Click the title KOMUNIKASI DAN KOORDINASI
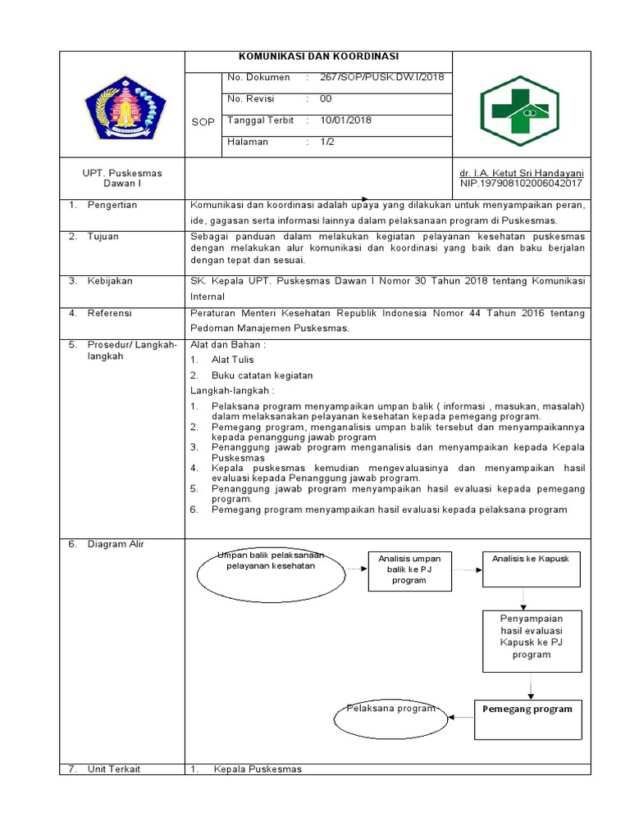[x=318, y=57]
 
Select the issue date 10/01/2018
[x=345, y=120]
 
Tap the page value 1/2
[x=326, y=142]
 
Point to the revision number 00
[x=326, y=99]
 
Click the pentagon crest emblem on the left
[x=126, y=108]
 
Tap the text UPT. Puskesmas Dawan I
[x=122, y=179]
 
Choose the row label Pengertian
[x=112, y=205]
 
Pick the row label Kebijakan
[x=110, y=281]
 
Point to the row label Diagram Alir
[x=116, y=544]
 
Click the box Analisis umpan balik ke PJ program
[x=409, y=569]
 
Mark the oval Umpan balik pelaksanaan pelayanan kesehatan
[x=270, y=571]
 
